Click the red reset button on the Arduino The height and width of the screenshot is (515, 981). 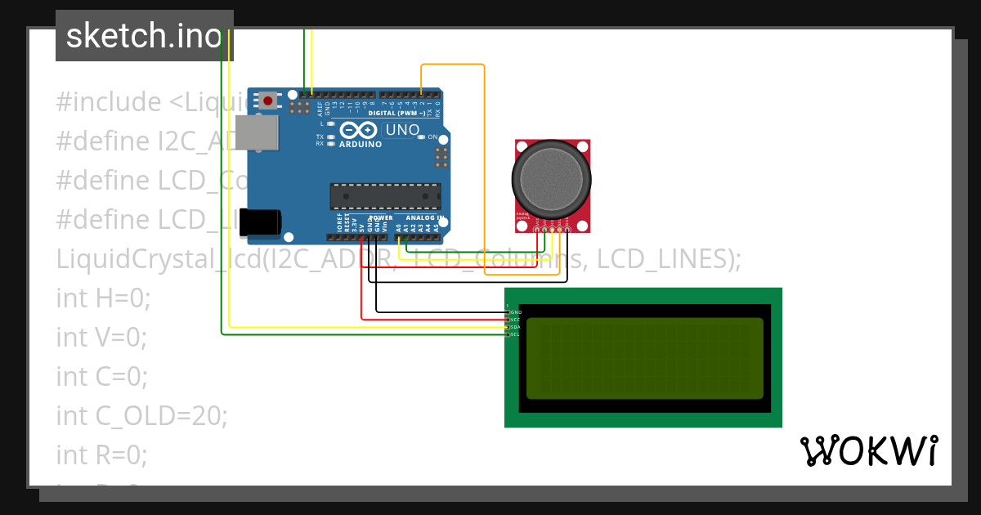(267, 101)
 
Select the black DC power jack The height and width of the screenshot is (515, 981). (263, 222)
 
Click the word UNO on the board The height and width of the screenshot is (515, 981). (402, 130)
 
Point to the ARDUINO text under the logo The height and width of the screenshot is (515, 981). (360, 145)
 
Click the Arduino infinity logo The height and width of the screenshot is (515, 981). (358, 130)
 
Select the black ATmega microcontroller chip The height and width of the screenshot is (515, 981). (385, 197)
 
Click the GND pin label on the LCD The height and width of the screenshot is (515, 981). (515, 312)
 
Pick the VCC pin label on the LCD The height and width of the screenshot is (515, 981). (515, 320)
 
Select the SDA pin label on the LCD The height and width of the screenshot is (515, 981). (515, 327)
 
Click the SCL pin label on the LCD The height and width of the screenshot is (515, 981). (515, 334)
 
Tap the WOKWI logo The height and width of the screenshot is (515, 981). (868, 451)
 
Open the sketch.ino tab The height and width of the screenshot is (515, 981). (144, 36)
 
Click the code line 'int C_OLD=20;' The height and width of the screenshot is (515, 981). (141, 415)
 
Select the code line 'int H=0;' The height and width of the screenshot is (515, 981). (103, 298)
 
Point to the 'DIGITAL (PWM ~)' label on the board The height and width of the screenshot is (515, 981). (402, 112)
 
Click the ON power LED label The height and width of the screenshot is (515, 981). (432, 137)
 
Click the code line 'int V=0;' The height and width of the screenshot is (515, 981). (101, 337)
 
